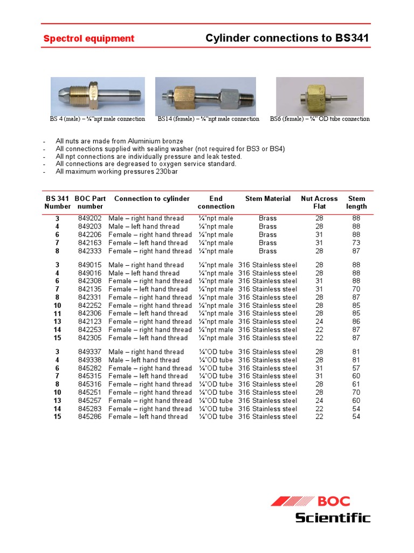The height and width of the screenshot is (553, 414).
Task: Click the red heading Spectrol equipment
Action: pos(88,39)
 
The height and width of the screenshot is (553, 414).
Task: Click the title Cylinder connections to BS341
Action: pos(288,38)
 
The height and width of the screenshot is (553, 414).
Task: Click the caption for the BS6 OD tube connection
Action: pos(320,119)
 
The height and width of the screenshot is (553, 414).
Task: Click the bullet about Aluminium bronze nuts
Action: pos(119,141)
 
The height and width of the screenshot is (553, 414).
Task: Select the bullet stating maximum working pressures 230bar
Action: pos(116,172)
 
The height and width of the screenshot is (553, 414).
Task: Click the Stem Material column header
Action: pos(267,199)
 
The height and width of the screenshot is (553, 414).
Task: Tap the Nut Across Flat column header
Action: pos(319,203)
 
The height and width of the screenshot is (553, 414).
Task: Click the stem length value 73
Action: pos(356,243)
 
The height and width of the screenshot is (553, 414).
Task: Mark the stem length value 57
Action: pos(356,368)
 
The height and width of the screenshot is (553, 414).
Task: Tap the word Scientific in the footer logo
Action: pos(333,518)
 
